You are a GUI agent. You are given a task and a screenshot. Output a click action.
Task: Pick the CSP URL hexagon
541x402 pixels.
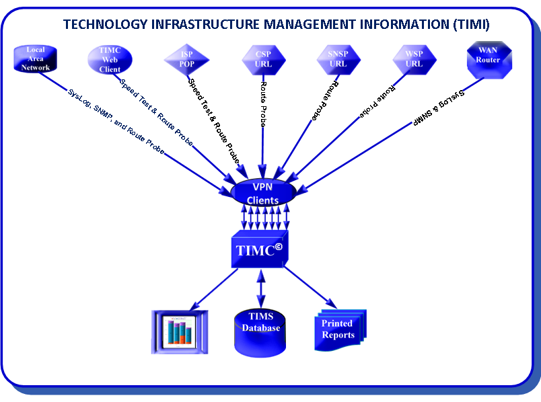262,58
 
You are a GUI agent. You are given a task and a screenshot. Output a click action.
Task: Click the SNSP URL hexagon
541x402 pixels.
338,58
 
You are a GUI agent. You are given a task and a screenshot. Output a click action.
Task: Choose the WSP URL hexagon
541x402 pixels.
414,58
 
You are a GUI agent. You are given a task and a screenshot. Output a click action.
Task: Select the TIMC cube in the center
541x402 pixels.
260,249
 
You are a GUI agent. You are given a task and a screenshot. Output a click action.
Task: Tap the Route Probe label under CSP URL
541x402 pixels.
263,104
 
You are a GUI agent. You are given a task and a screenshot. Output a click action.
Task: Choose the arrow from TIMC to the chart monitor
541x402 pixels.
215,287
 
